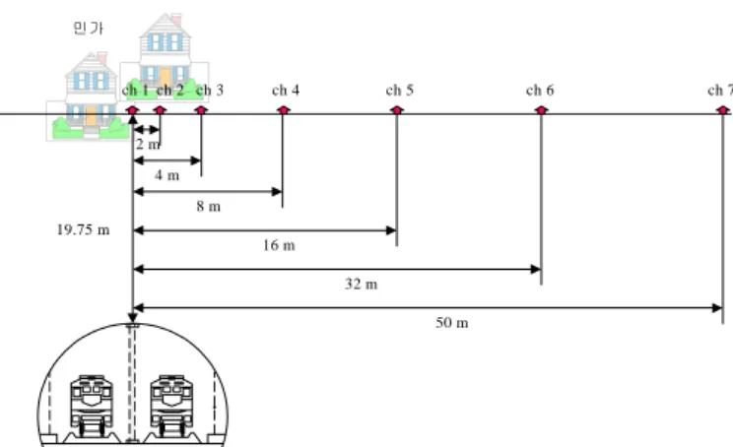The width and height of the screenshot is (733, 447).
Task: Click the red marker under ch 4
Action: pyautogui.click(x=283, y=110)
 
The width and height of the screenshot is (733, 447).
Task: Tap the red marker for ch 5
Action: pyautogui.click(x=397, y=110)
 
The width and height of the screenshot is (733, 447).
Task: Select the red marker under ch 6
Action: pyautogui.click(x=541, y=110)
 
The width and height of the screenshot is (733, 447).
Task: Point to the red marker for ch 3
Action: pyautogui.click(x=201, y=110)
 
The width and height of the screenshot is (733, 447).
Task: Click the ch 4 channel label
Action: pyautogui.click(x=286, y=90)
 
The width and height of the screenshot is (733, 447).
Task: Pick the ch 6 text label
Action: pyautogui.click(x=540, y=90)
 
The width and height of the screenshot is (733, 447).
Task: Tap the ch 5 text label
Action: pyautogui.click(x=400, y=90)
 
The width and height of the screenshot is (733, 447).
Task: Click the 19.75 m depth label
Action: pyautogui.click(x=83, y=229)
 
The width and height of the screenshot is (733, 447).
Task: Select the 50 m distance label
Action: pyautogui.click(x=452, y=323)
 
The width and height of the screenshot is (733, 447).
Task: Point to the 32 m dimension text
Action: pyautogui.click(x=362, y=284)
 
